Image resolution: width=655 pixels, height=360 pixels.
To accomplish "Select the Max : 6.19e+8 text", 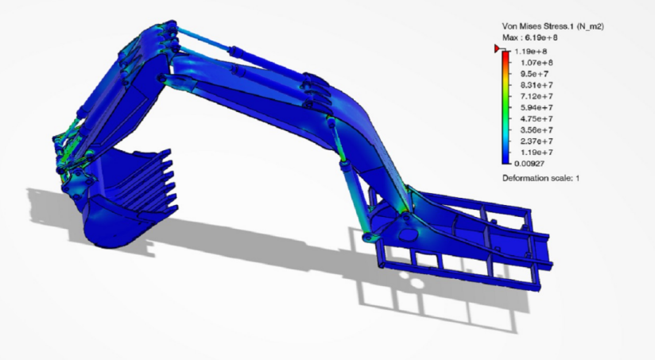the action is click(530, 37).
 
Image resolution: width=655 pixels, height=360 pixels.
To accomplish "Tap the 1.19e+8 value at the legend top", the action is click(531, 52).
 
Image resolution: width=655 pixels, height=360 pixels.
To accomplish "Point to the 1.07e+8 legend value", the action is click(537, 63).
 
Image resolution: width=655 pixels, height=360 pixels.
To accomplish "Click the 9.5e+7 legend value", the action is click(534, 74).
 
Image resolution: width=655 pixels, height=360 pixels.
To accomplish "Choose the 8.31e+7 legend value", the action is click(537, 85).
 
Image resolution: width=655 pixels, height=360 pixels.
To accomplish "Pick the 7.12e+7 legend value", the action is click(537, 96).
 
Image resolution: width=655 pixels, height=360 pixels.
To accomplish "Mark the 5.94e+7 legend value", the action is click(537, 108).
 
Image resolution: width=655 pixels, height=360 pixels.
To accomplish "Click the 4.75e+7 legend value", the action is click(537, 119).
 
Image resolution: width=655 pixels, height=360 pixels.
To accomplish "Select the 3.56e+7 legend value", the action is click(537, 130).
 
